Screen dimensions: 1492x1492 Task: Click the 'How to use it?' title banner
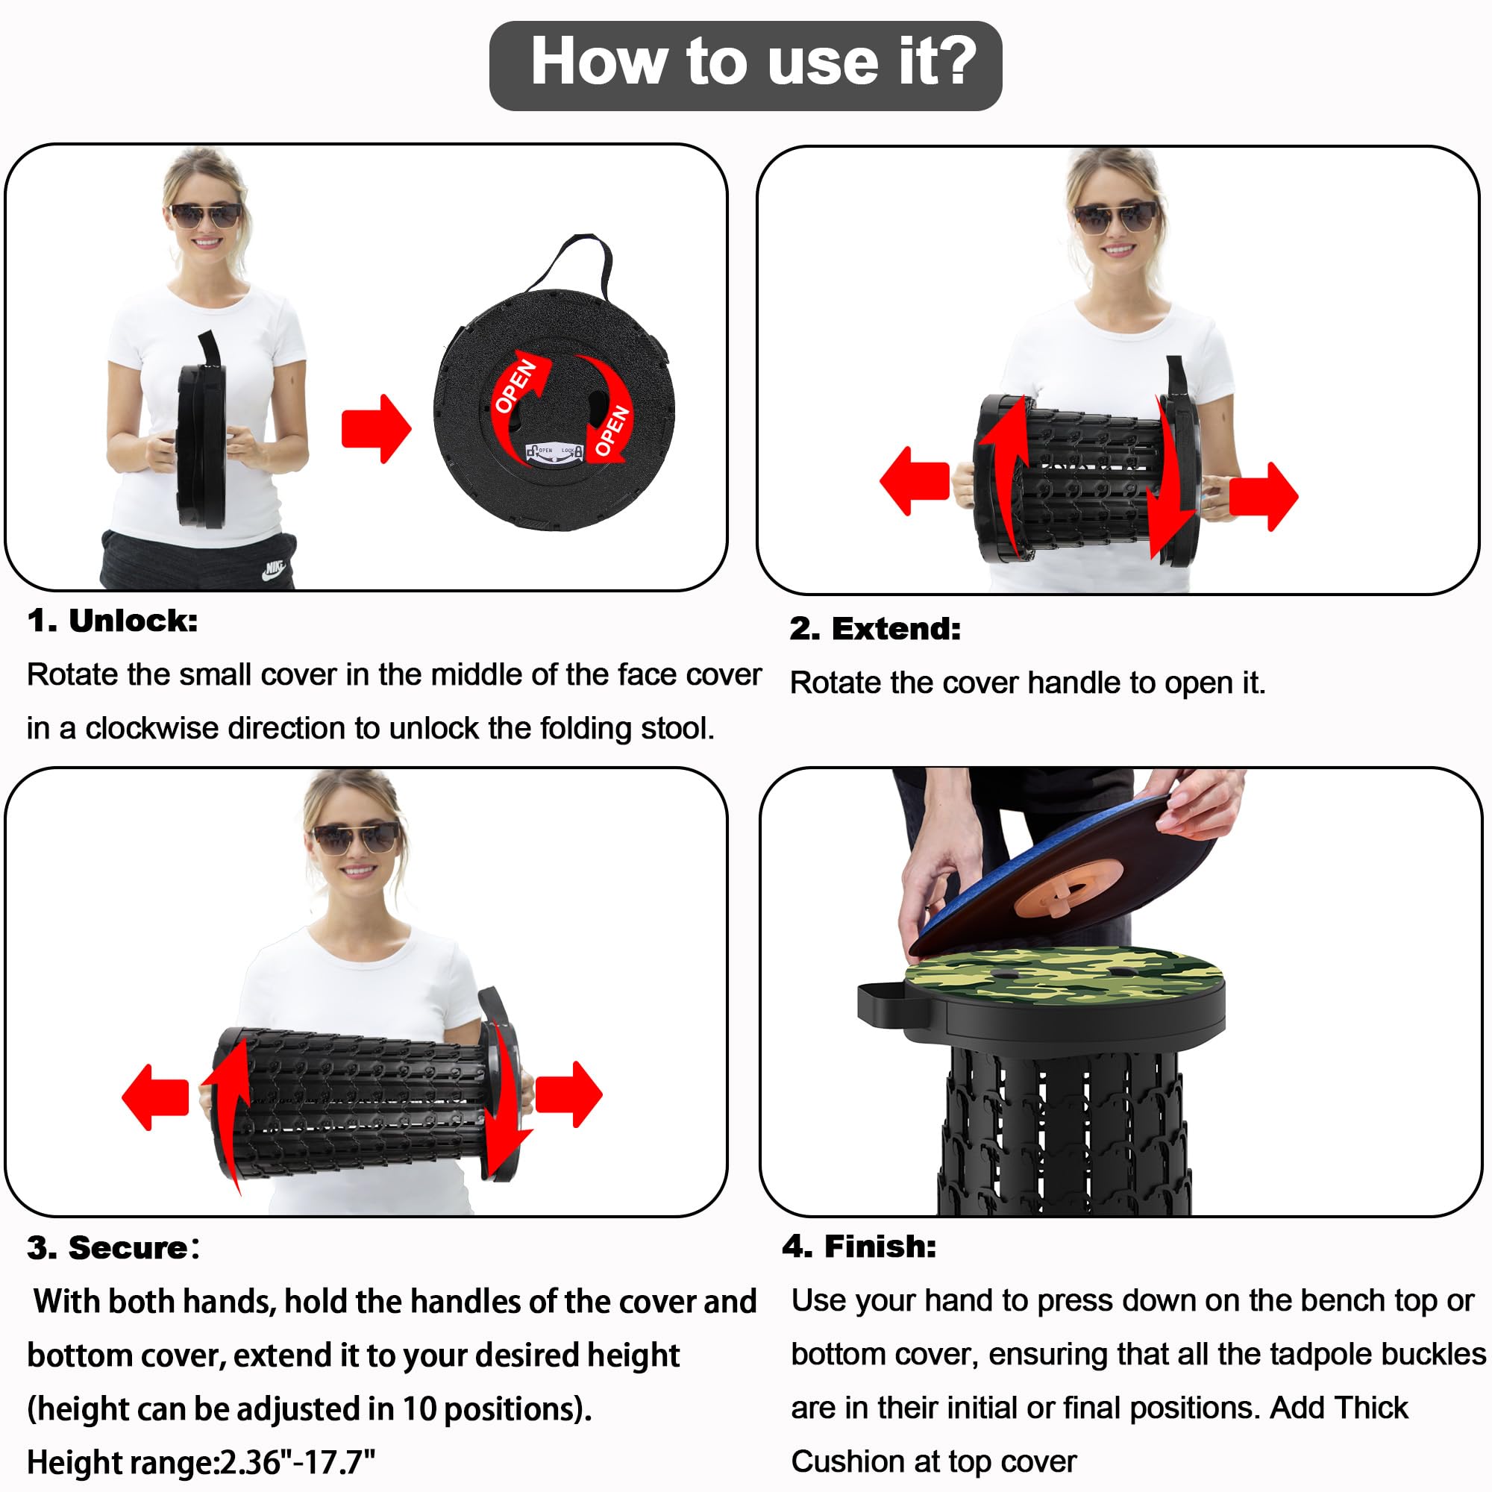[745, 66]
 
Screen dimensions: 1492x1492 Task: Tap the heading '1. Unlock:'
[113, 621]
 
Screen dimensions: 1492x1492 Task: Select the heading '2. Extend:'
[875, 630]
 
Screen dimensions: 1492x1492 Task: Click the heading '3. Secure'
[107, 1248]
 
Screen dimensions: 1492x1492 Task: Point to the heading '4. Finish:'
[859, 1247]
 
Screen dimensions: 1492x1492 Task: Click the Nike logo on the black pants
[274, 570]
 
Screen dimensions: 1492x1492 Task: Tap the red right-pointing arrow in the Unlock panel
[376, 430]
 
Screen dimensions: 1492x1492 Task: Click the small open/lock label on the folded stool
[554, 453]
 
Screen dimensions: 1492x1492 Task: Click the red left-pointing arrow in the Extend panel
[915, 480]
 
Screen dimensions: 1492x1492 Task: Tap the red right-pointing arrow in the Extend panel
[1264, 496]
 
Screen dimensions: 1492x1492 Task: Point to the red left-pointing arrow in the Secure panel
[155, 1097]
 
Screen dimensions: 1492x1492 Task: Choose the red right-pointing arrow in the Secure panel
[568, 1094]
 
